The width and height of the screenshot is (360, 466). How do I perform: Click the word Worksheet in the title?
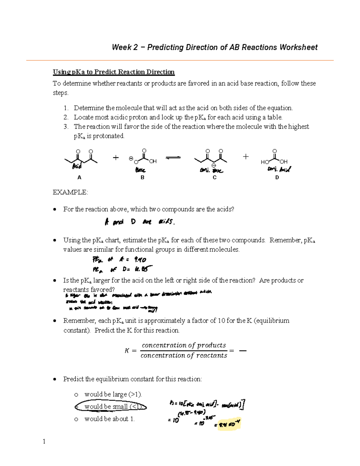click(298, 47)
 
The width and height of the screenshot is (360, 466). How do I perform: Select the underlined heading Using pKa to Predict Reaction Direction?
click(114, 72)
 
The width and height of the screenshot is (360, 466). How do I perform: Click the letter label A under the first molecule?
click(79, 178)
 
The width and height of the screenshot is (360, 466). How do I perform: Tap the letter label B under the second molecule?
click(142, 178)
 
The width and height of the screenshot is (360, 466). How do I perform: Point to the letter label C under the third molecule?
click(214, 178)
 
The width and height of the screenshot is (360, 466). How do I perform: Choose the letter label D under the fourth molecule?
click(277, 178)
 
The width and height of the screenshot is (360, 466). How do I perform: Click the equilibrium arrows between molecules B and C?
click(173, 158)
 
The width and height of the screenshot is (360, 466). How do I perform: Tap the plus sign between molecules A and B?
click(116, 158)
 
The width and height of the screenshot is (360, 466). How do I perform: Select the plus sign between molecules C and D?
click(246, 156)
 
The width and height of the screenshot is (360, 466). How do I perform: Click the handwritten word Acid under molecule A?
click(77, 166)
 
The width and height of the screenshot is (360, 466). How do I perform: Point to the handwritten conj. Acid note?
click(279, 170)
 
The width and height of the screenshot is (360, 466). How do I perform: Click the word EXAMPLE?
click(70, 192)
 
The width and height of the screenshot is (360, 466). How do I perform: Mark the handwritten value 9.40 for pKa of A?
click(140, 260)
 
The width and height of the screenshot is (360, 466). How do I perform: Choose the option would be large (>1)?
click(113, 394)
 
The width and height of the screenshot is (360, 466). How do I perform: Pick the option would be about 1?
click(109, 419)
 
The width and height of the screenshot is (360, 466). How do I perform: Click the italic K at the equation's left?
click(127, 351)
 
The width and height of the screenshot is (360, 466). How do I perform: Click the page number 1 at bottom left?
click(44, 441)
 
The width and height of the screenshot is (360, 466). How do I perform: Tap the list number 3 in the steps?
click(66, 127)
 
